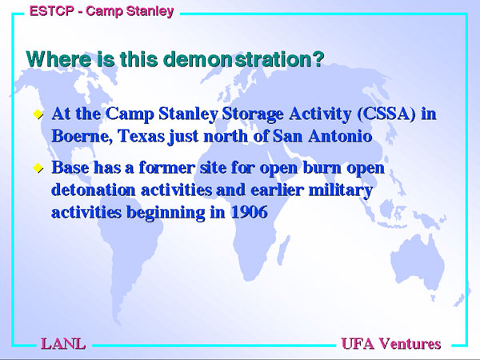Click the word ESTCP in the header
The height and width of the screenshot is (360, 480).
pyautogui.click(x=52, y=11)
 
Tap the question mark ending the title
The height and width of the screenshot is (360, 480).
pyautogui.click(x=318, y=58)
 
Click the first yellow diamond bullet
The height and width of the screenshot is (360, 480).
pyautogui.click(x=38, y=114)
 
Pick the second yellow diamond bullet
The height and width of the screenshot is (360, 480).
pyautogui.click(x=38, y=168)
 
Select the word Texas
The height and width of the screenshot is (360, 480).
pyautogui.click(x=142, y=136)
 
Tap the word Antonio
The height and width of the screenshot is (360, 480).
pyautogui.click(x=340, y=136)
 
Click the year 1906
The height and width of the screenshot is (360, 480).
pyautogui.click(x=249, y=212)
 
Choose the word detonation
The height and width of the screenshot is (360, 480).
pyautogui.click(x=94, y=190)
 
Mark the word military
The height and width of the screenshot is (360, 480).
pyautogui.click(x=341, y=190)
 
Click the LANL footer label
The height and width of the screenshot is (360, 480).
pyautogui.click(x=63, y=344)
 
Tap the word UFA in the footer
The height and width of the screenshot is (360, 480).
pyautogui.click(x=358, y=344)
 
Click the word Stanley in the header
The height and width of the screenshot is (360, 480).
pyautogui.click(x=150, y=12)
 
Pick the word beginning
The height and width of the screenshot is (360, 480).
pyautogui.click(x=166, y=213)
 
